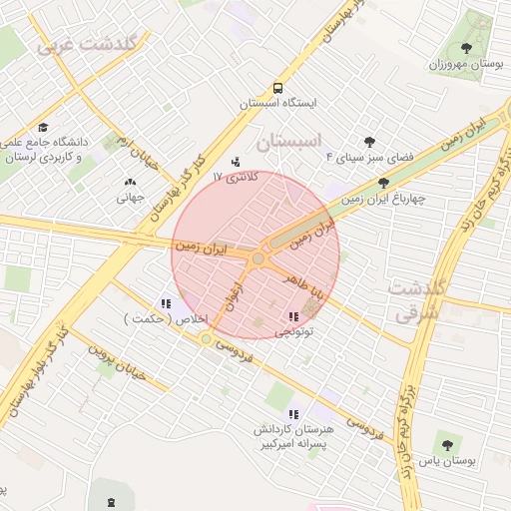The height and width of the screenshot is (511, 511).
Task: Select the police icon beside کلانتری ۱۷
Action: click(236, 160)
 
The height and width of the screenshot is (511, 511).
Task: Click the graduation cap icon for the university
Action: click(43, 128)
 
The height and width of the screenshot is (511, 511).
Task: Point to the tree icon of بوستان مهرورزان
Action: click(466, 47)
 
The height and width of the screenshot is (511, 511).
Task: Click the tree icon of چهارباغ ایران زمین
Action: click(384, 183)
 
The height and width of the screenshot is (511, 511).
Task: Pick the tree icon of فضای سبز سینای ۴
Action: click(369, 142)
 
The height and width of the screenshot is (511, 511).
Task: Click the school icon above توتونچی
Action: click(291, 316)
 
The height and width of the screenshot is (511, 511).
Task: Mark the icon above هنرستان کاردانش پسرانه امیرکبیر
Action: click(292, 414)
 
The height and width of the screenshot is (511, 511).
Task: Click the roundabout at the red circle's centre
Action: click(258, 258)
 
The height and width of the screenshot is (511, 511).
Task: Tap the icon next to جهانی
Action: click(130, 183)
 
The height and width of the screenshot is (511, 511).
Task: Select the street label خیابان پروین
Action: click(116, 361)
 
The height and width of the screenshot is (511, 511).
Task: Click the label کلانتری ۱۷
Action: click(236, 177)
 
